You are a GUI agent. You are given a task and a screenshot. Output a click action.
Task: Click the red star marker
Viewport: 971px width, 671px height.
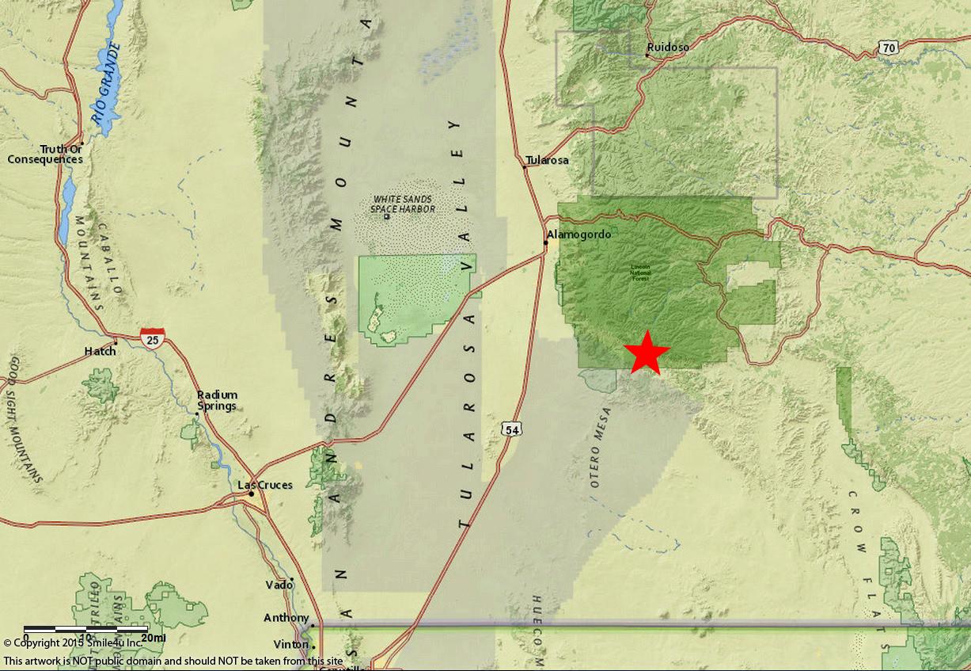click(x=647, y=352)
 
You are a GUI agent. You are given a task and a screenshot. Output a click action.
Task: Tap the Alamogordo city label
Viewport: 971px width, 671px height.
click(x=575, y=234)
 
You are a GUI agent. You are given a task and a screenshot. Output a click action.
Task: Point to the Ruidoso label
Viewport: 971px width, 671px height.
click(x=667, y=48)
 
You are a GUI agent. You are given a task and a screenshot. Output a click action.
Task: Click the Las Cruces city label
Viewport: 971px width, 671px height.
click(x=266, y=485)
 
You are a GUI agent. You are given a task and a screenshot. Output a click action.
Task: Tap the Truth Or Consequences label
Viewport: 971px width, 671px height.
click(x=46, y=154)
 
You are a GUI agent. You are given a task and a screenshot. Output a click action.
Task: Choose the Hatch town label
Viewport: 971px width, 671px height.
click(x=101, y=351)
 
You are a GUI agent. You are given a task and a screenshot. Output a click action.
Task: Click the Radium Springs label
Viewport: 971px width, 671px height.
click(x=217, y=401)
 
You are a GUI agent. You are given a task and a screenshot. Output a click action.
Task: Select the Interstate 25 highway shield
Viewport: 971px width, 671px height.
click(x=153, y=338)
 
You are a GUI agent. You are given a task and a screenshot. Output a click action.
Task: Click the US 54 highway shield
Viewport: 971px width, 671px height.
click(x=512, y=429)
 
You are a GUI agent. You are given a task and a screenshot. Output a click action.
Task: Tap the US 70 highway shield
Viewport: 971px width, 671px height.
click(x=888, y=48)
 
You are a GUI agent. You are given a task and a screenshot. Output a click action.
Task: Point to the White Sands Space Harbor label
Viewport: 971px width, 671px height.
click(x=404, y=204)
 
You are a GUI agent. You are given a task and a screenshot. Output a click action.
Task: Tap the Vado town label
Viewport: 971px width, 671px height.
click(x=279, y=585)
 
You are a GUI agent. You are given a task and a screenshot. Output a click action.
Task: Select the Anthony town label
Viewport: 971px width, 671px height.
click(x=286, y=618)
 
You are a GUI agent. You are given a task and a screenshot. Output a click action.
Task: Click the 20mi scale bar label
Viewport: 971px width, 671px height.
click(x=154, y=638)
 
